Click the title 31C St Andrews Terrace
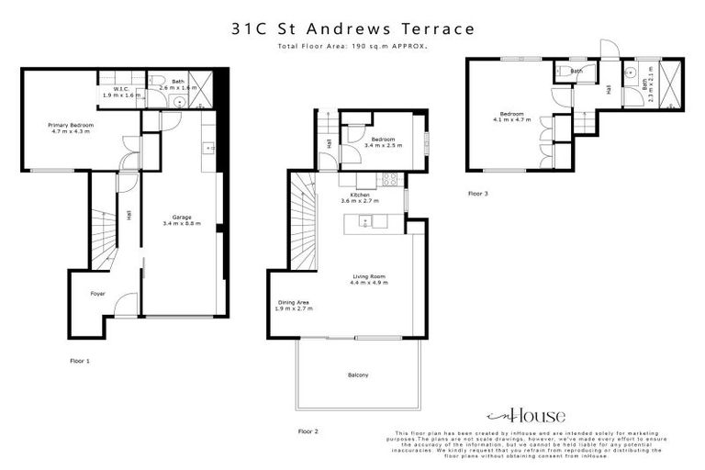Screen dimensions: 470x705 point(352,28)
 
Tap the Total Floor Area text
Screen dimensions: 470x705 point(352,45)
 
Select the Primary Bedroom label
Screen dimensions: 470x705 point(72,128)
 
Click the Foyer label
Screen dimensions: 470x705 point(96,294)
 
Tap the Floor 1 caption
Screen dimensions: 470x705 point(81,362)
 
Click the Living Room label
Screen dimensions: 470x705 point(368,279)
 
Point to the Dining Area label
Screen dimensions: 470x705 point(294,305)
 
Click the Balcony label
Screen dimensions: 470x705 point(357,375)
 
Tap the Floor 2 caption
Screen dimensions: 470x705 point(308,431)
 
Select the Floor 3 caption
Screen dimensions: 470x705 point(477,194)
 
